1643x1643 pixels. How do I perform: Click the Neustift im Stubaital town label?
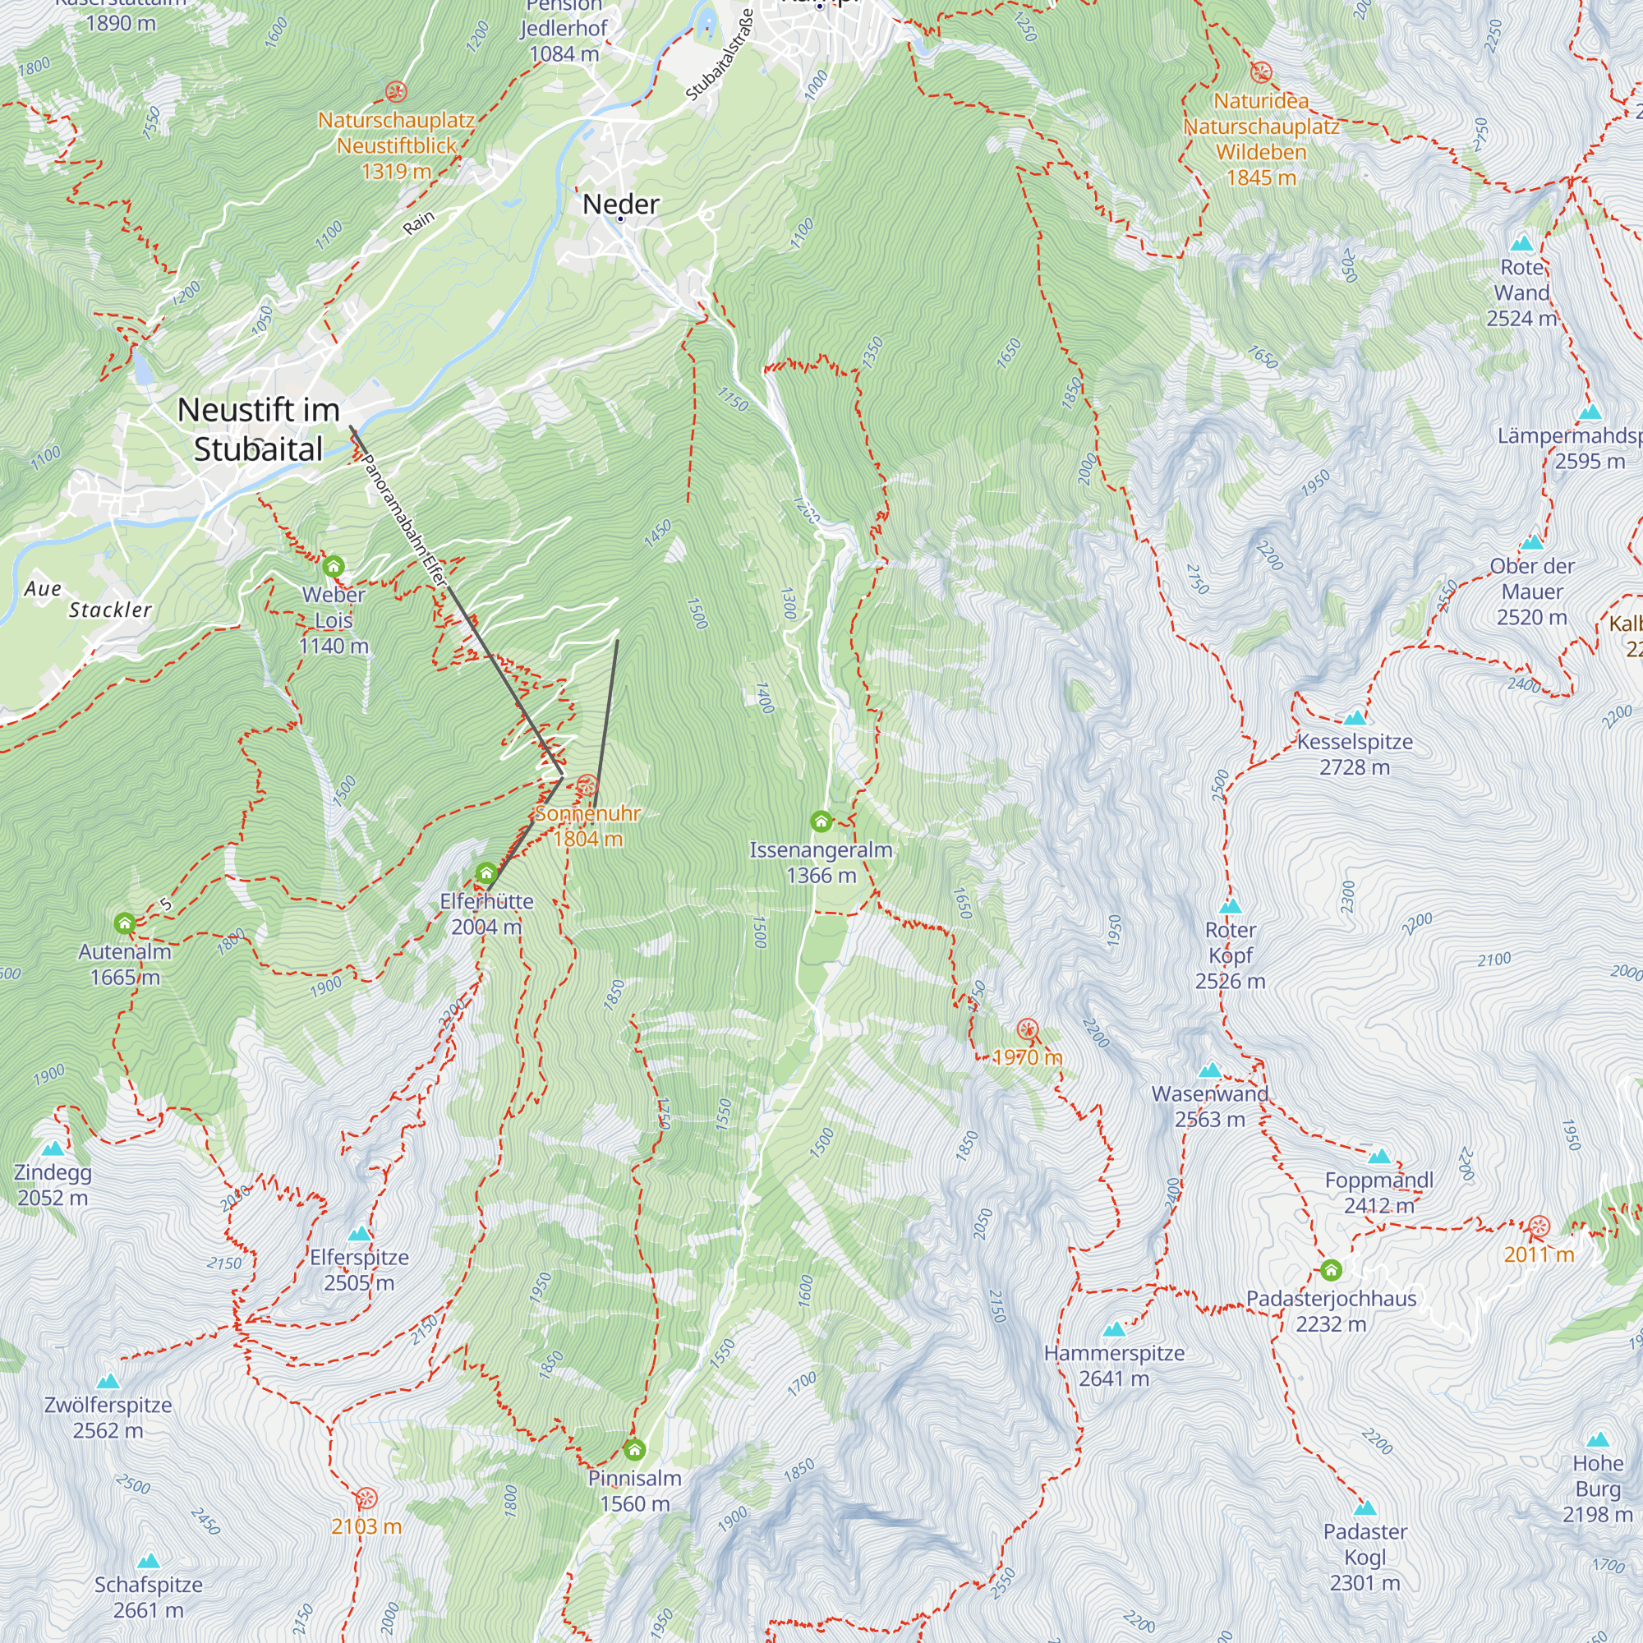(x=259, y=430)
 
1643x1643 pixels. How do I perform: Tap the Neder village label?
(x=621, y=204)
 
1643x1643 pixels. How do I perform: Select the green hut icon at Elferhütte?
(x=486, y=873)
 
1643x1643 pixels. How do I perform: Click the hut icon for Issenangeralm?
(x=821, y=821)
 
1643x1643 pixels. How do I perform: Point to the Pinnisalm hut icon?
(x=634, y=1449)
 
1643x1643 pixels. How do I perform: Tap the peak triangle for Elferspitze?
(x=360, y=1234)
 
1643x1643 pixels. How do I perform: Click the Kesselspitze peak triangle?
(x=1355, y=718)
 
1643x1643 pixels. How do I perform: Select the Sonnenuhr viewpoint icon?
(x=587, y=786)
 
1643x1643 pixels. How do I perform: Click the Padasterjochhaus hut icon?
(x=1331, y=1271)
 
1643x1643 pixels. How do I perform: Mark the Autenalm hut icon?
(x=125, y=923)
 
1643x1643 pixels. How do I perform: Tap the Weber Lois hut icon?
(x=334, y=566)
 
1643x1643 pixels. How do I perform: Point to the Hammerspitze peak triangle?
(x=1114, y=1329)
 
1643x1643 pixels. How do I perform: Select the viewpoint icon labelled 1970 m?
(x=1028, y=1030)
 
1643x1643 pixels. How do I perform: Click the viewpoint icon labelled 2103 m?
(x=366, y=1498)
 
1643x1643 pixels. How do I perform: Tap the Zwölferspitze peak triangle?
(x=108, y=1382)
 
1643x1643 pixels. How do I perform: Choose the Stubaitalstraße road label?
(x=720, y=55)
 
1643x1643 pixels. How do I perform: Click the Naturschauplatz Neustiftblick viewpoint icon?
(x=395, y=92)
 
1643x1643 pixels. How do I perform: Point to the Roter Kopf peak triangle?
(x=1231, y=907)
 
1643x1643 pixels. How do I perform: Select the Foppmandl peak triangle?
(x=1379, y=1157)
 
